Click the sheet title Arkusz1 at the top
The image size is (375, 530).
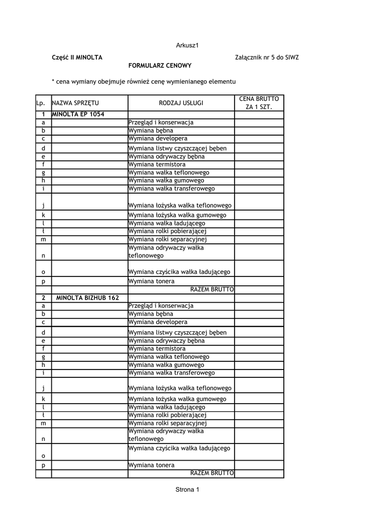pos(187,46)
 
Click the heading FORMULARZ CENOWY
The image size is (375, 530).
pos(160,66)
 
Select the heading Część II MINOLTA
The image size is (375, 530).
pos(77,57)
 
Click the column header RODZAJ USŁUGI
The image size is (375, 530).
pos(181,103)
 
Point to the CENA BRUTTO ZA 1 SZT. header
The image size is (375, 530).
pos(259,102)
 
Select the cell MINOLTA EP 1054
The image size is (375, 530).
pos(78,114)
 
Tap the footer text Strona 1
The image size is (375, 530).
pos(187,490)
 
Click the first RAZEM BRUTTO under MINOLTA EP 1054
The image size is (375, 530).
pos(212,289)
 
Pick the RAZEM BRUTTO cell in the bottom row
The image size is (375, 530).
pos(212,473)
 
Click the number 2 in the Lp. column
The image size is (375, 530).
pos(44,298)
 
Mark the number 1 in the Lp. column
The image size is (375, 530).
pos(44,114)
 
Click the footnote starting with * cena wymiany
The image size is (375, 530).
pos(143,82)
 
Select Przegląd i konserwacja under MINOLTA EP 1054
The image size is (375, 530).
pos(161,123)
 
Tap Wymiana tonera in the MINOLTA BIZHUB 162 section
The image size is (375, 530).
pos(151,465)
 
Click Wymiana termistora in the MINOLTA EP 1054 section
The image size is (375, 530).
pos(156,165)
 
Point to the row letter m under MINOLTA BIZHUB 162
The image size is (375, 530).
pos(44,423)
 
